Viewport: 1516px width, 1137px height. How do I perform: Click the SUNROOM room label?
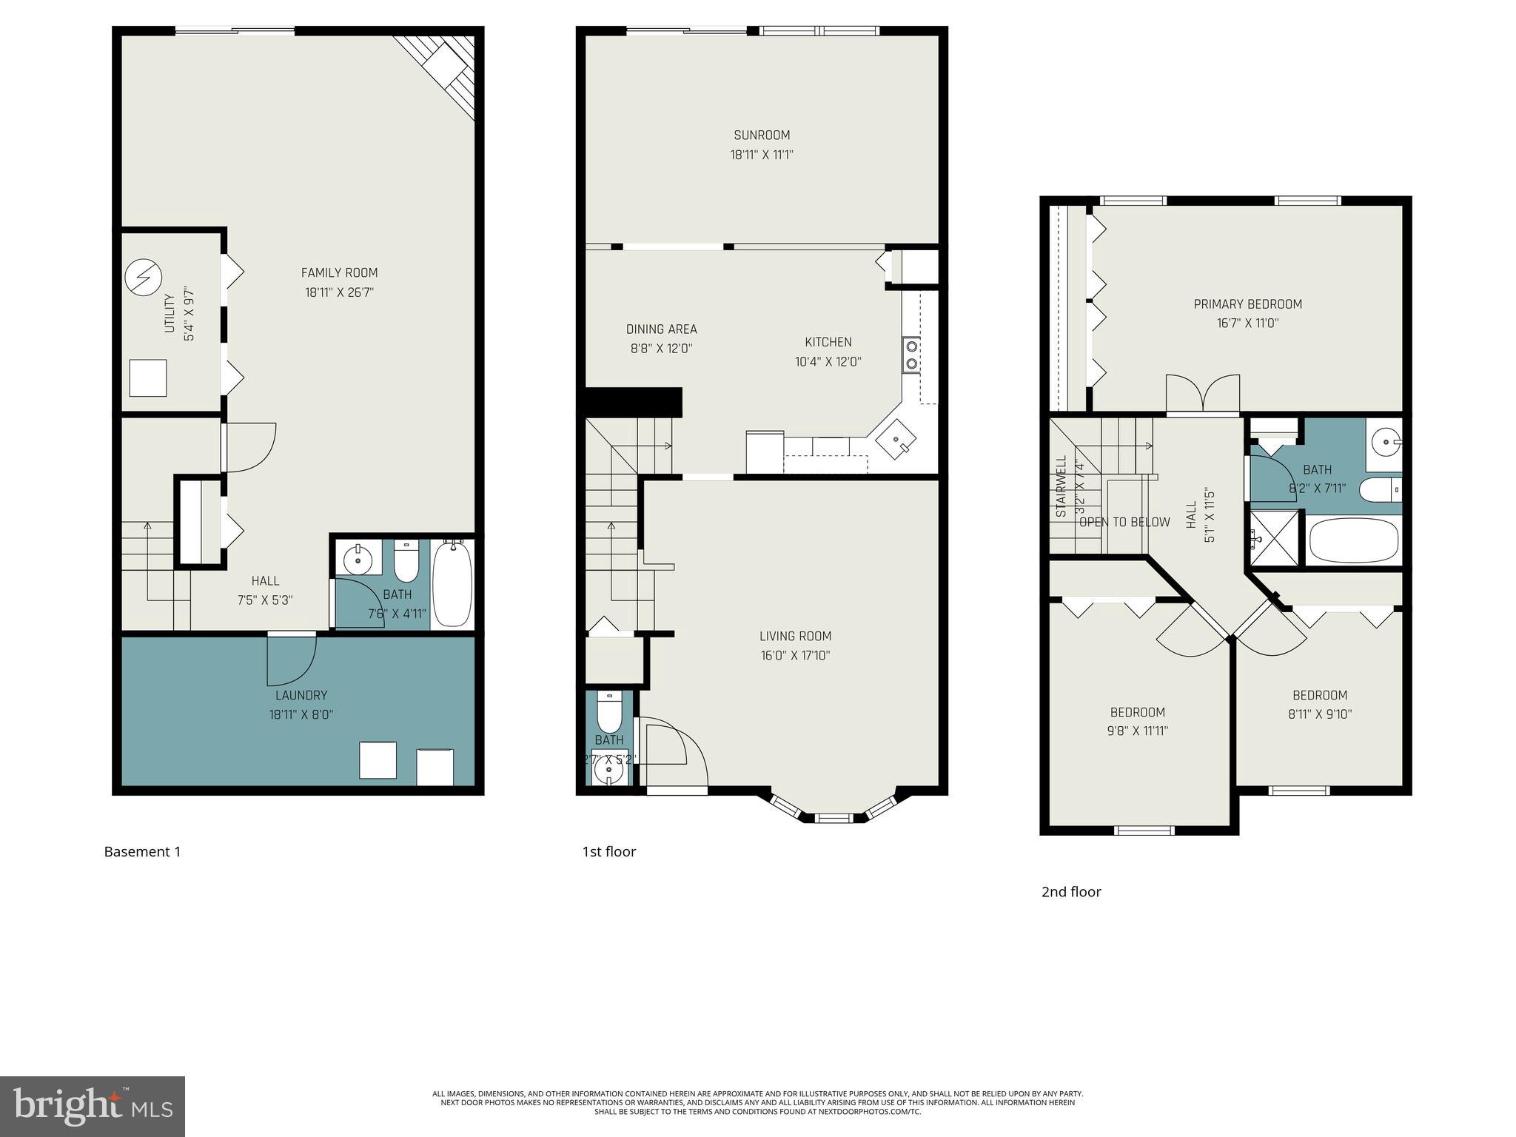pyautogui.click(x=761, y=135)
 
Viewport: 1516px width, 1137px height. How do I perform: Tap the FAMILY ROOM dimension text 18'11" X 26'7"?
pyautogui.click(x=339, y=292)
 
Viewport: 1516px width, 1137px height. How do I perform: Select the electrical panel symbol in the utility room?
pyautogui.click(x=143, y=276)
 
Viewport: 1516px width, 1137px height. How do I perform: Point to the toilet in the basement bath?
pyautogui.click(x=406, y=563)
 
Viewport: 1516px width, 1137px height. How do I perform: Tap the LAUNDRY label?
pyautogui.click(x=301, y=695)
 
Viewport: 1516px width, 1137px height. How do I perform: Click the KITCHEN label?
pyautogui.click(x=828, y=342)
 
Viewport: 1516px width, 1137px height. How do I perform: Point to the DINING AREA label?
pyautogui.click(x=661, y=329)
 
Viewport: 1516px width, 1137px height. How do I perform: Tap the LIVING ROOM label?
pyautogui.click(x=795, y=636)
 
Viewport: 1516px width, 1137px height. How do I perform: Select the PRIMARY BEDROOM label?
pyautogui.click(x=1247, y=304)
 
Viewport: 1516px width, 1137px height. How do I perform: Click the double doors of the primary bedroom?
pyautogui.click(x=1202, y=393)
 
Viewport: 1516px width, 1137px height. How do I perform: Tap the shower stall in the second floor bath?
pyautogui.click(x=1274, y=538)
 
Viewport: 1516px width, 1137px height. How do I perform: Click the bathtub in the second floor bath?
pyautogui.click(x=1353, y=540)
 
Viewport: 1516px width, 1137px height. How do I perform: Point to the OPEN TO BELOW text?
pyautogui.click(x=1124, y=522)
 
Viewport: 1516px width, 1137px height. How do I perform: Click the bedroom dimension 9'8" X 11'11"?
pyautogui.click(x=1138, y=731)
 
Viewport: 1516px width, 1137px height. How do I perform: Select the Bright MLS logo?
pyautogui.click(x=93, y=1106)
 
